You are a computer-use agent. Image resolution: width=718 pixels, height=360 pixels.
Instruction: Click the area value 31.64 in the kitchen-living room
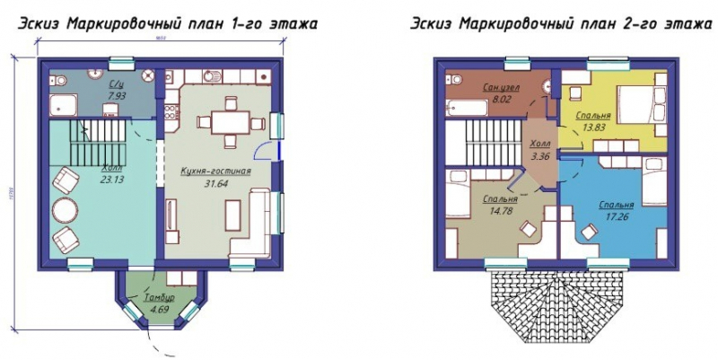pyautogui.click(x=215, y=186)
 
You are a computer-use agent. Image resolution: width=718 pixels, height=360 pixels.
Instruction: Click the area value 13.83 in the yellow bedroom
pyautogui.click(x=595, y=127)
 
